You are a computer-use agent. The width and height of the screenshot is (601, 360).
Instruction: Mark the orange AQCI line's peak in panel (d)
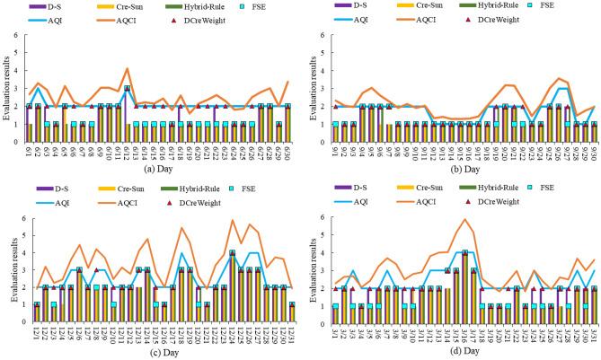tap(464, 219)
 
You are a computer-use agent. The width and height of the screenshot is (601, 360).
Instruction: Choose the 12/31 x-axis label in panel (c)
tap(289, 337)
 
